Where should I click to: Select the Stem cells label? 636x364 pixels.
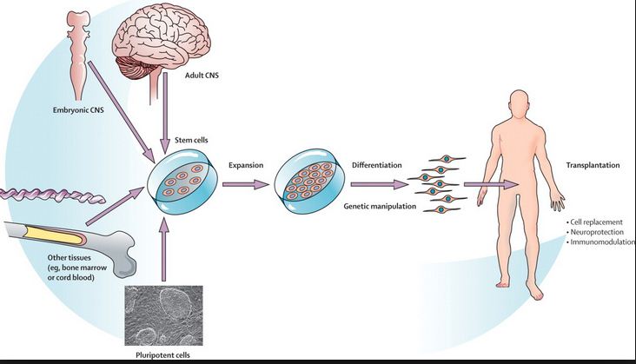click(183, 139)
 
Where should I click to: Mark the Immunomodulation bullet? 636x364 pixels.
click(600, 243)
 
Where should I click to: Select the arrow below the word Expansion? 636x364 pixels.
click(245, 184)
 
